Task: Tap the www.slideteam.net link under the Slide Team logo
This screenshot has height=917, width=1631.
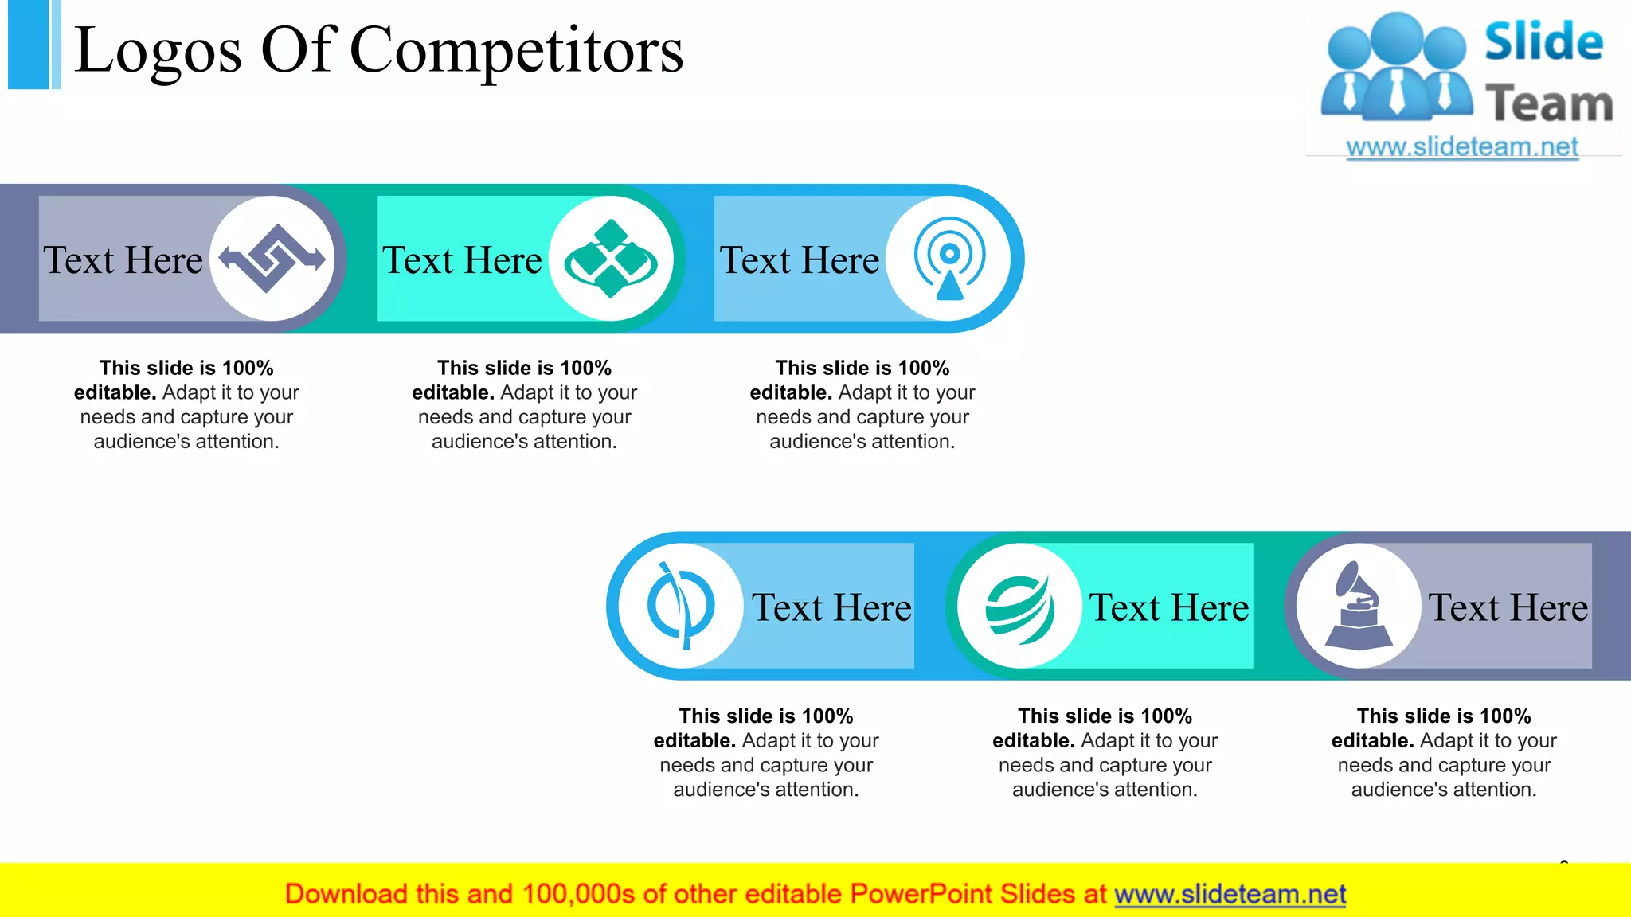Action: (x=1461, y=147)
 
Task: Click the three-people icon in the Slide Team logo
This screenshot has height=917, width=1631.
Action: (x=1396, y=68)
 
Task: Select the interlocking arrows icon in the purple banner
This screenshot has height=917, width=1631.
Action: (x=272, y=259)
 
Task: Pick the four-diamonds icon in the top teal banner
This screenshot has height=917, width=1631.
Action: (x=611, y=259)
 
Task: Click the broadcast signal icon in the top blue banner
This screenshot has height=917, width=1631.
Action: (x=949, y=259)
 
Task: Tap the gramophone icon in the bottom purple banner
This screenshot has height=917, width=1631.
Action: (x=1359, y=606)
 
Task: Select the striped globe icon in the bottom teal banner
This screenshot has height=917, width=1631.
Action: (x=1019, y=607)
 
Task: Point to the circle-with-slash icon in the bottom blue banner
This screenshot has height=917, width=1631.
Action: (x=680, y=606)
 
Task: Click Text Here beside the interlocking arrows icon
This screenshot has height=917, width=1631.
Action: (x=123, y=260)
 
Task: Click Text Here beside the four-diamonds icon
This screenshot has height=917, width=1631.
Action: (x=462, y=260)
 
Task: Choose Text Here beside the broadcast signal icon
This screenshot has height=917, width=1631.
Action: (x=800, y=260)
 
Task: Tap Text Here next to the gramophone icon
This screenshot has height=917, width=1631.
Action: (x=1508, y=608)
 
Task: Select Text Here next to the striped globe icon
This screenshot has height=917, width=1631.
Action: (x=1169, y=608)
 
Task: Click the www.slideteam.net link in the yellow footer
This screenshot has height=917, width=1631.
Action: (x=1230, y=895)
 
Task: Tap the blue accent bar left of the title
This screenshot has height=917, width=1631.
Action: (x=29, y=45)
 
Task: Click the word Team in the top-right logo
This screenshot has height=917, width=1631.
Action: (x=1549, y=104)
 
